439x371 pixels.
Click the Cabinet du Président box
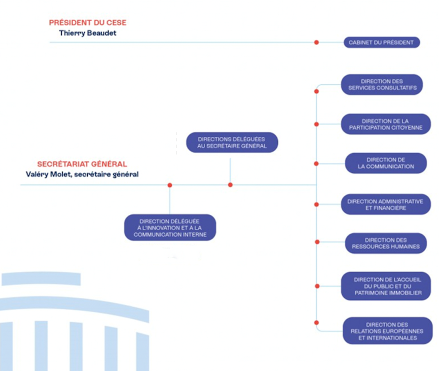(382, 42)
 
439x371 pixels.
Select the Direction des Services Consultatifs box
(382, 84)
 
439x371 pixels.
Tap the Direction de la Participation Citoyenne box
(385, 124)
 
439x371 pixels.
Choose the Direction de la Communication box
(386, 163)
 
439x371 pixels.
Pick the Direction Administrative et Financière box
(385, 205)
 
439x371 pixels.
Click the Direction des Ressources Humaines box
(386, 243)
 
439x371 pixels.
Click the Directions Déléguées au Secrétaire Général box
(232, 142)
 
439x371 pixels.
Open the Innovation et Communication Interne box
(170, 228)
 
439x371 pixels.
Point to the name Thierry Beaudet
(88, 33)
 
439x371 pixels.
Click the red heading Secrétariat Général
(82, 164)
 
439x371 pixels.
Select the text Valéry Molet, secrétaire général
(82, 174)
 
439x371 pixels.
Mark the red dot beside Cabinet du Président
(316, 42)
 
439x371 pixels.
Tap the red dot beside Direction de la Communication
(316, 164)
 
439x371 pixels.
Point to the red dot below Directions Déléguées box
(230, 185)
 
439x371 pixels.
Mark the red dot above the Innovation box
(170, 185)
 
